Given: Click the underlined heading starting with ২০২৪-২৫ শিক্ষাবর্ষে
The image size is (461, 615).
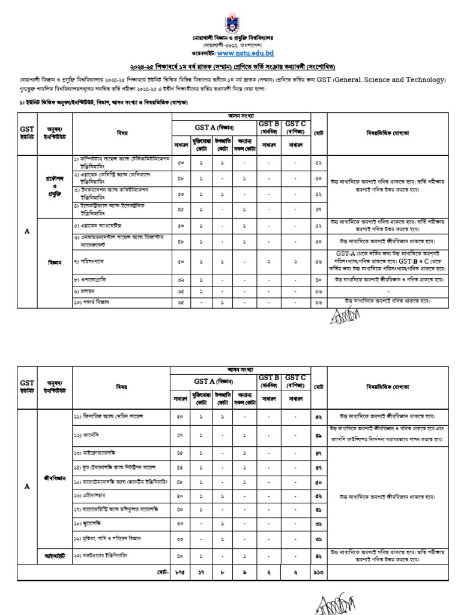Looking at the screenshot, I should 230,67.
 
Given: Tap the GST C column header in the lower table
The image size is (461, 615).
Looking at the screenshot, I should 295,380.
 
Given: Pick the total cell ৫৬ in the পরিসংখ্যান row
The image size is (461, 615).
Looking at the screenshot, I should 319,262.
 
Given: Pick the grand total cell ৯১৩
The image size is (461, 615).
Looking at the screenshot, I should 319,574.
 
